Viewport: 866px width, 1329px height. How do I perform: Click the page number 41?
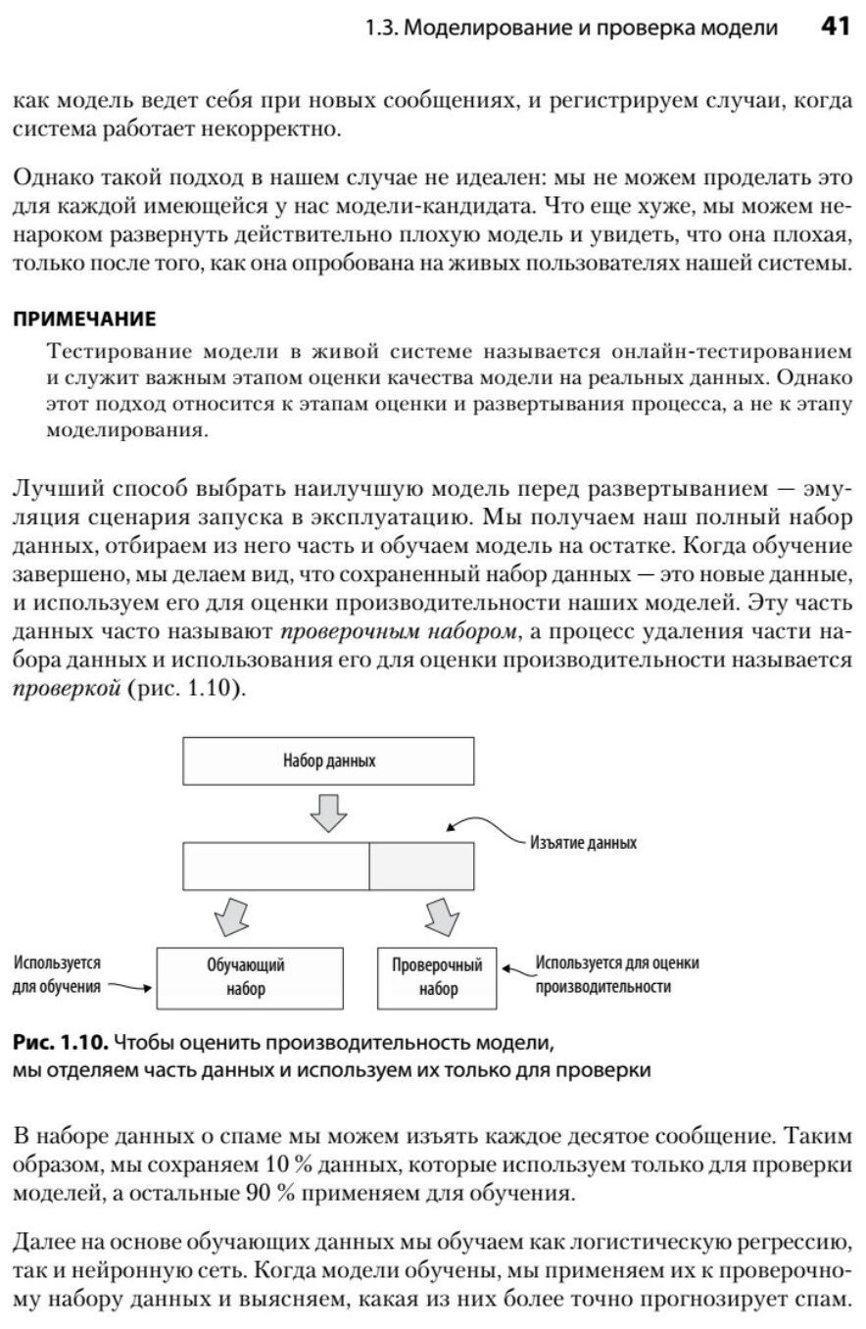click(834, 27)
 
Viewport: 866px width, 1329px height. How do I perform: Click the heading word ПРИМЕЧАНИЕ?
click(84, 319)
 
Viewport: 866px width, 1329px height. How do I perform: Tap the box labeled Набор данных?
click(329, 761)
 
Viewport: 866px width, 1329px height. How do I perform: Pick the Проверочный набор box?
click(437, 977)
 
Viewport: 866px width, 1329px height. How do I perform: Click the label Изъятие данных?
click(583, 843)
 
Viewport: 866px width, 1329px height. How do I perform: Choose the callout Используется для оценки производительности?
click(617, 975)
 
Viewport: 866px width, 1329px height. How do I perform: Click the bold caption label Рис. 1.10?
click(57, 1041)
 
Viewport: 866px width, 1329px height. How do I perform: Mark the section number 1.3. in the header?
click(381, 28)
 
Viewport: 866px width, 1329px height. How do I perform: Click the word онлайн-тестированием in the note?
click(732, 351)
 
